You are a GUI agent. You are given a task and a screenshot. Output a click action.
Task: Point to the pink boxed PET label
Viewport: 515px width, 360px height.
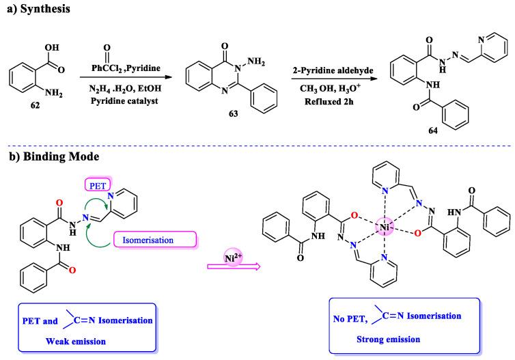click(x=96, y=184)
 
